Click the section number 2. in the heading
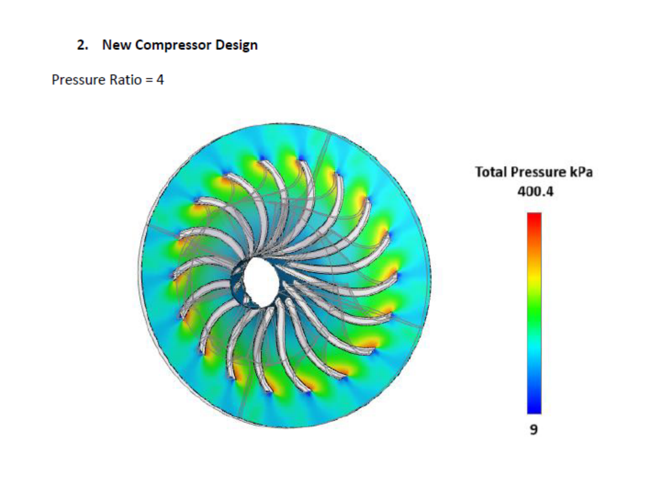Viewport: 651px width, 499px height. click(x=82, y=45)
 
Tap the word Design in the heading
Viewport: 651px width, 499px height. click(x=236, y=45)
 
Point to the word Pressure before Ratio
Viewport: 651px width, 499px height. click(x=77, y=80)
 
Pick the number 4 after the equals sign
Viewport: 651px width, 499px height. click(x=160, y=80)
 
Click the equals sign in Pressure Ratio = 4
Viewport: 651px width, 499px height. click(x=149, y=81)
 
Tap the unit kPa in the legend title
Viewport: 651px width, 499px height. click(x=580, y=172)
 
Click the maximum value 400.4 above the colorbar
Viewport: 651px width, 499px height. click(x=535, y=192)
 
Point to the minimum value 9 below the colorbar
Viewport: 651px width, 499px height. click(x=534, y=429)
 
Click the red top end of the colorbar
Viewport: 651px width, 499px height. click(x=534, y=217)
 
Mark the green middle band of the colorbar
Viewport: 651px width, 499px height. click(x=534, y=312)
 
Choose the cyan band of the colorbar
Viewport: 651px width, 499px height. click(x=534, y=348)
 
